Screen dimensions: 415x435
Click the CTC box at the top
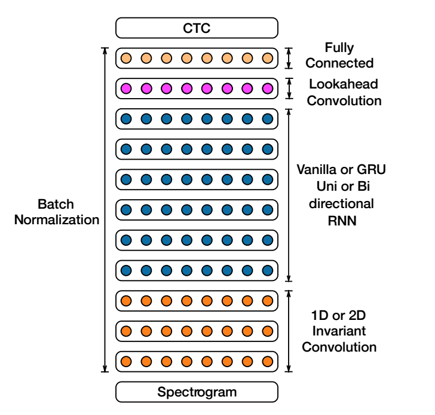tap(197, 28)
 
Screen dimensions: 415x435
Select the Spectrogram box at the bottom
tap(197, 392)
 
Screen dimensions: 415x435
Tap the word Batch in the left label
tap(57, 203)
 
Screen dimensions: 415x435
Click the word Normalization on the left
tap(57, 219)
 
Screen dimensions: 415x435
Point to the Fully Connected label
tap(339, 55)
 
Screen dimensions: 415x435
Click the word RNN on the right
tap(341, 219)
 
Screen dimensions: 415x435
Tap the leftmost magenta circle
tap(126, 89)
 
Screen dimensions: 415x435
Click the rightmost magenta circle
tap(267, 89)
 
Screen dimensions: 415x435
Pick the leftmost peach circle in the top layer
tap(126, 58)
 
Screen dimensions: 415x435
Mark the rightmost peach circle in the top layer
tap(267, 58)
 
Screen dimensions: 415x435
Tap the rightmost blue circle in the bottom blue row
tap(267, 270)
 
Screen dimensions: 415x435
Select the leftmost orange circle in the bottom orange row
tap(126, 361)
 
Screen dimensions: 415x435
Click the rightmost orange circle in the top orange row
tap(267, 300)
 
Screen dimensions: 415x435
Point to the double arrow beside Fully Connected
tap(289, 58)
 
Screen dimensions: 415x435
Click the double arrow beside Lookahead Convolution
tap(289, 89)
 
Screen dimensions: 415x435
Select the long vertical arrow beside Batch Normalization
tap(105, 209)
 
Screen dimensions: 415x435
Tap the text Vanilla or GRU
tap(341, 170)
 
